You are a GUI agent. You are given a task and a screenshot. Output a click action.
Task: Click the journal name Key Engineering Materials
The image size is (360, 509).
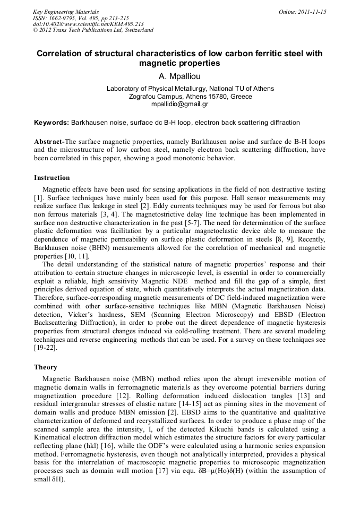[66, 12]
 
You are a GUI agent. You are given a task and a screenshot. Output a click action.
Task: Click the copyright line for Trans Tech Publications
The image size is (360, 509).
[93, 30]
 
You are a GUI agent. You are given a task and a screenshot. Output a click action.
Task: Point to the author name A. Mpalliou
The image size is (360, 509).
[179, 76]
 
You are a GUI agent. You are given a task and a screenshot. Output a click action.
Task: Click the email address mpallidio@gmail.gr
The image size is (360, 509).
[179, 104]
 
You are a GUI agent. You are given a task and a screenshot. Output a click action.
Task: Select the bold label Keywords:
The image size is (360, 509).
[51, 123]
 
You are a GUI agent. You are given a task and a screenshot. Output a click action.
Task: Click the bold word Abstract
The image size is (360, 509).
[48, 142]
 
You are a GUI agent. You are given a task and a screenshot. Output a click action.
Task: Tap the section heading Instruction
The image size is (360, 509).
[52, 177]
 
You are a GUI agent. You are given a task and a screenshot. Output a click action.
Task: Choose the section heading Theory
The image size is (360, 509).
[45, 367]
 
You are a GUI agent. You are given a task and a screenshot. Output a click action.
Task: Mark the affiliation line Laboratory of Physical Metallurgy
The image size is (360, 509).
[190, 89]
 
